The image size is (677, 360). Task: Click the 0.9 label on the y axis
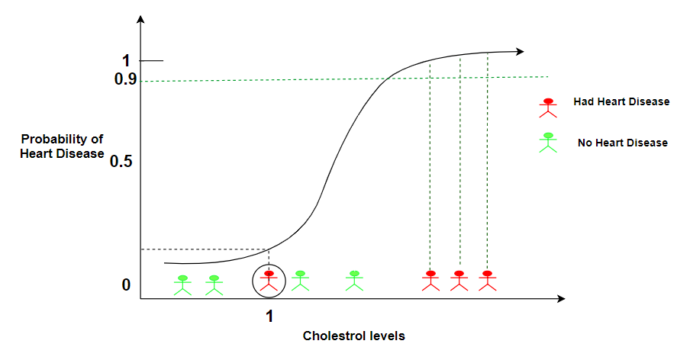tap(125, 79)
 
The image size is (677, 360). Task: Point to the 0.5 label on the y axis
tap(121, 162)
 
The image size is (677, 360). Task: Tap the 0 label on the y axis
tap(127, 285)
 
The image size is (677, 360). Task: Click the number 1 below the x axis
tap(269, 316)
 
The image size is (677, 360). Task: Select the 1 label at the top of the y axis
tap(127, 61)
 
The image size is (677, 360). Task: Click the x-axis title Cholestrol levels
tap(353, 336)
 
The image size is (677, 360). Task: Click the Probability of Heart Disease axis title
tap(62, 146)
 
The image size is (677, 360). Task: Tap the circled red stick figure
tap(269, 281)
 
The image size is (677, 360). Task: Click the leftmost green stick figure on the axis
tap(182, 284)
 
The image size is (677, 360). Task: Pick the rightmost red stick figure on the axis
tap(487, 281)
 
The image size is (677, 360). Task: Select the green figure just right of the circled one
tap(300, 281)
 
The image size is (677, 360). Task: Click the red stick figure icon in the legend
tap(546, 107)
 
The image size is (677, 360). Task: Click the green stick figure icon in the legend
tap(548, 142)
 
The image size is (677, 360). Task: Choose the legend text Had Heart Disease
tap(621, 102)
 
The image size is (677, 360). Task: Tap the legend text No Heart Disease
tap(623, 143)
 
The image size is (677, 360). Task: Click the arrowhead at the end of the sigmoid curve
tap(520, 52)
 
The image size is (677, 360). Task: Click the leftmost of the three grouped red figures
tap(430, 281)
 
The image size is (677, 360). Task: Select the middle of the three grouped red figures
tap(459, 281)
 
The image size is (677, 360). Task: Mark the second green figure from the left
tap(214, 284)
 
